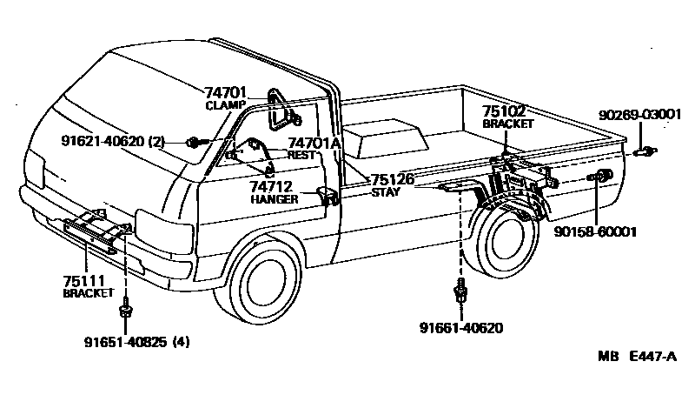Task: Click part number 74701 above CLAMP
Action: (226, 90)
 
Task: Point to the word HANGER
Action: (274, 199)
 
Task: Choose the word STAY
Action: (386, 192)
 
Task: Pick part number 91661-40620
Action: (460, 328)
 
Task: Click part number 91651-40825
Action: (124, 341)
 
